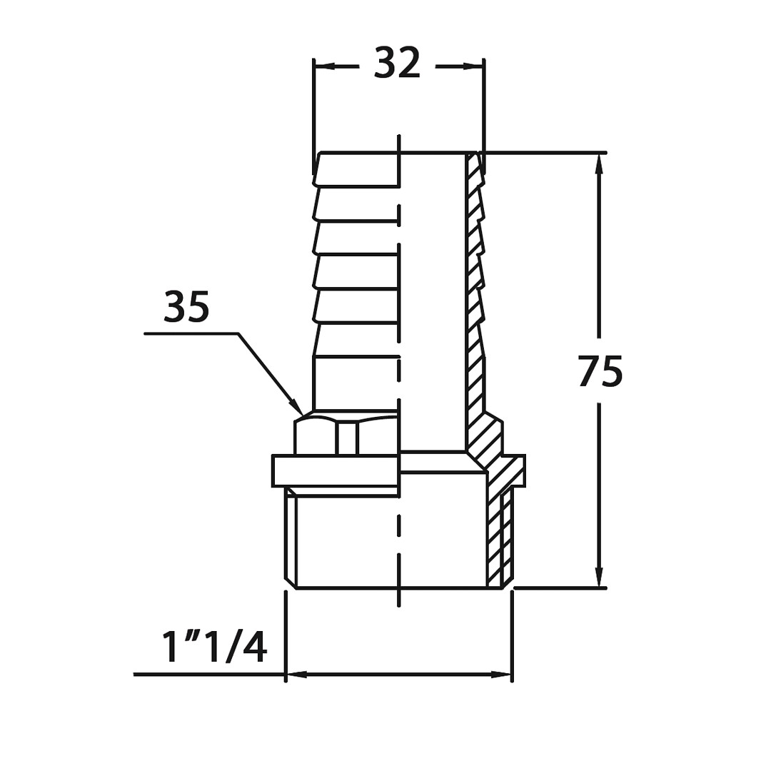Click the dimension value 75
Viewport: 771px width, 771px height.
pyautogui.click(x=600, y=371)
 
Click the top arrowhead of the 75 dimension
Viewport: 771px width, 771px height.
pyautogui.click(x=599, y=164)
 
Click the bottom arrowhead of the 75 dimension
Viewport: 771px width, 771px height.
pyautogui.click(x=599, y=576)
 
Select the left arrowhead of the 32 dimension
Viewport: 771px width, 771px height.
pyautogui.click(x=325, y=66)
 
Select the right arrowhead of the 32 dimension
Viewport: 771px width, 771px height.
pyautogui.click(x=473, y=66)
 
